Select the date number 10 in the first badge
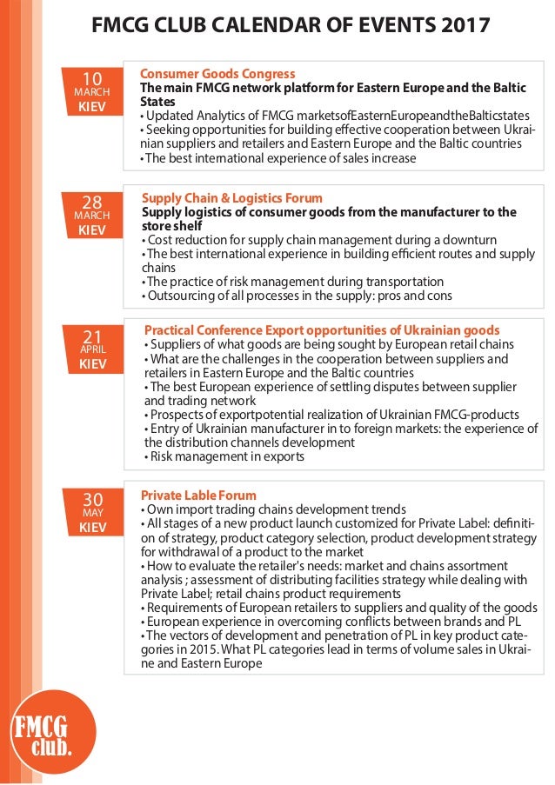pos(92,79)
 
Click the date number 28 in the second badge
pos(92,204)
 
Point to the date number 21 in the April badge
pos(92,336)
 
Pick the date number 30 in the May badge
pos(92,499)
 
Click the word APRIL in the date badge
pos(92,349)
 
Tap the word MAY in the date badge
pos(92,513)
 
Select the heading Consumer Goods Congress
pos(217,74)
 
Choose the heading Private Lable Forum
pos(198,496)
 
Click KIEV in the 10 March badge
pos(92,107)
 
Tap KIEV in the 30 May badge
pos(92,528)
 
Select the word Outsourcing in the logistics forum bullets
pos(181,296)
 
